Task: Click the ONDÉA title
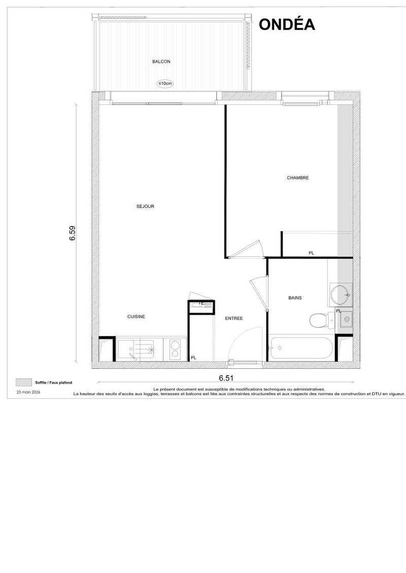287,24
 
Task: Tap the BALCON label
161,62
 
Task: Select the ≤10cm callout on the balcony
165,84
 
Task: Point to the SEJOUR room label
145,207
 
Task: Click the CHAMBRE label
297,178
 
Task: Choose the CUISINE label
136,317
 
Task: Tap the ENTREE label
234,319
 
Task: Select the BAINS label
295,298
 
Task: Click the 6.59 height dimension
73,233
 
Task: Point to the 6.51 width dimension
226,378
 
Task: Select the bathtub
302,348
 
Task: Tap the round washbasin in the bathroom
341,294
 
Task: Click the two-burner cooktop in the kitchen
175,349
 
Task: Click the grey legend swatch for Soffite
24,383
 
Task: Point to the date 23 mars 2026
28,392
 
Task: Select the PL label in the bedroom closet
311,253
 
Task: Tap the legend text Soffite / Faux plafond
53,383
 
